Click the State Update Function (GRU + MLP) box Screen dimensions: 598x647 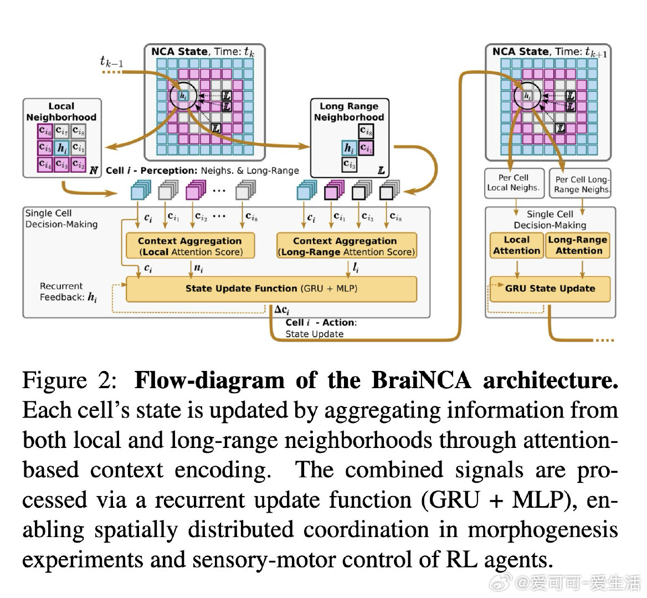[x=271, y=289]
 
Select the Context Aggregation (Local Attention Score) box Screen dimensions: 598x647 [x=190, y=246]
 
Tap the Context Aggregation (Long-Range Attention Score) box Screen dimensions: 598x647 [x=346, y=246]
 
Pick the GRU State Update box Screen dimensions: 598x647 [x=550, y=289]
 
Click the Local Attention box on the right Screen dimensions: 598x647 [x=516, y=245]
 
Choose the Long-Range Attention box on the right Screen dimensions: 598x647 [x=578, y=245]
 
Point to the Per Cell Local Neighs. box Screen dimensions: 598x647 [x=513, y=183]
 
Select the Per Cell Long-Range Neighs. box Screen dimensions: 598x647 [x=582, y=184]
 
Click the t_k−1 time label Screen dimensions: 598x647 [x=111, y=61]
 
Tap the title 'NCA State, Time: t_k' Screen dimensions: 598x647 [x=203, y=52]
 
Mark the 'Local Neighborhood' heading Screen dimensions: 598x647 [x=61, y=112]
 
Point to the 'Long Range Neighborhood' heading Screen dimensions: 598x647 [x=348, y=112]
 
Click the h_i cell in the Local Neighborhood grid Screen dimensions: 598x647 [x=61, y=148]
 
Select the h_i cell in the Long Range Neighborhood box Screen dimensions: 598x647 [x=348, y=148]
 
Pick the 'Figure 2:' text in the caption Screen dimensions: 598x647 [x=69, y=381]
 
